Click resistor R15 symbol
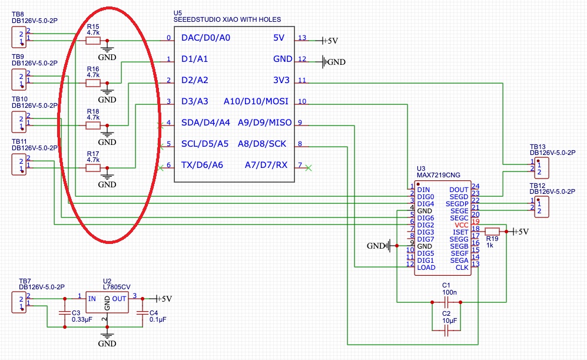(x=93, y=41)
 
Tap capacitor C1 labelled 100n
(x=446, y=302)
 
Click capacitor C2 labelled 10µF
(x=446, y=332)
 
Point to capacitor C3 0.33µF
(x=64, y=313)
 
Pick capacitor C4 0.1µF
(x=142, y=313)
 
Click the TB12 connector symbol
(x=541, y=206)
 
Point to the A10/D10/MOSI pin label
(x=256, y=101)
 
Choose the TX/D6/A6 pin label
(x=203, y=165)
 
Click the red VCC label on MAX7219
(x=461, y=225)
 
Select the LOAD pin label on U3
(x=426, y=267)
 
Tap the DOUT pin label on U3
(x=459, y=190)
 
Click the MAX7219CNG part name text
(x=439, y=175)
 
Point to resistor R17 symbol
(x=93, y=168)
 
